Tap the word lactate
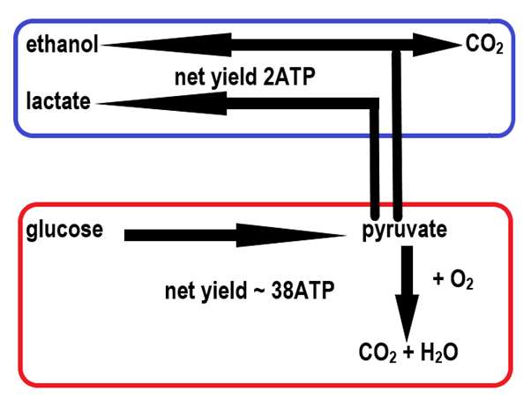(58, 101)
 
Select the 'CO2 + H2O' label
(408, 355)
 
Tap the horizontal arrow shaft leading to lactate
(291, 103)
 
